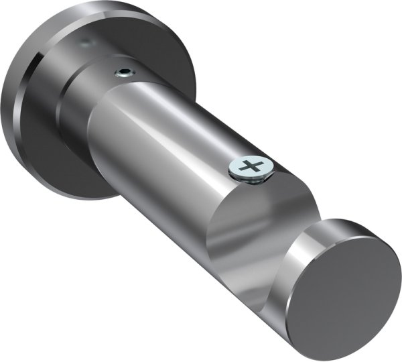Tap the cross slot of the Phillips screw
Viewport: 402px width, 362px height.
(250, 166)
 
